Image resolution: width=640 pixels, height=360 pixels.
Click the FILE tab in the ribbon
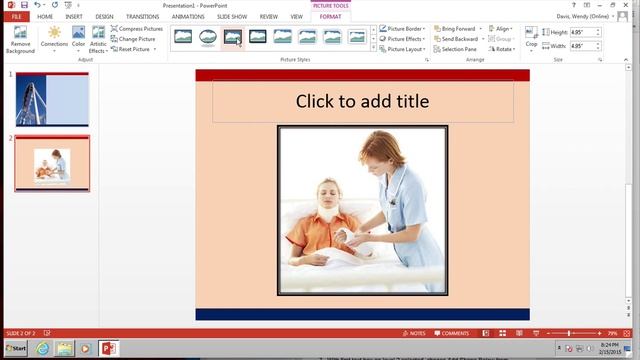click(17, 17)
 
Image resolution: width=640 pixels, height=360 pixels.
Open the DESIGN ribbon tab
click(104, 17)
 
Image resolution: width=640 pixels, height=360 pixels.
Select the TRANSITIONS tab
click(142, 17)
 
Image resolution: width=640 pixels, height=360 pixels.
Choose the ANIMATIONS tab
click(188, 17)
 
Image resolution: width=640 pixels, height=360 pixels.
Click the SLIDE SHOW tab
click(232, 17)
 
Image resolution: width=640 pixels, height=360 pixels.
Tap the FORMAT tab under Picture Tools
click(330, 17)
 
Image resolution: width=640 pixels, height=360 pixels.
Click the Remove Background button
click(20, 40)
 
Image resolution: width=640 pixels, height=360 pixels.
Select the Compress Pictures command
click(137, 29)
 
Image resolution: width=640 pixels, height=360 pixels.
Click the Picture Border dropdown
click(405, 29)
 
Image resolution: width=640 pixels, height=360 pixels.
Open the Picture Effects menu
click(405, 39)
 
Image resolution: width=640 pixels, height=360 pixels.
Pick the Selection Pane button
click(461, 49)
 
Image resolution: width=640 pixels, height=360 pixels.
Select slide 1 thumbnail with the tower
click(51, 99)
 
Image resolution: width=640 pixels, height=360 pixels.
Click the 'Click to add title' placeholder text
click(362, 101)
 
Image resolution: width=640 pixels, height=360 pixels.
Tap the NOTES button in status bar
click(414, 333)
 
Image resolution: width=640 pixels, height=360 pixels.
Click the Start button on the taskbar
click(15, 348)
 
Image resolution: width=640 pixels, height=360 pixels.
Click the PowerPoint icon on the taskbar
click(108, 348)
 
